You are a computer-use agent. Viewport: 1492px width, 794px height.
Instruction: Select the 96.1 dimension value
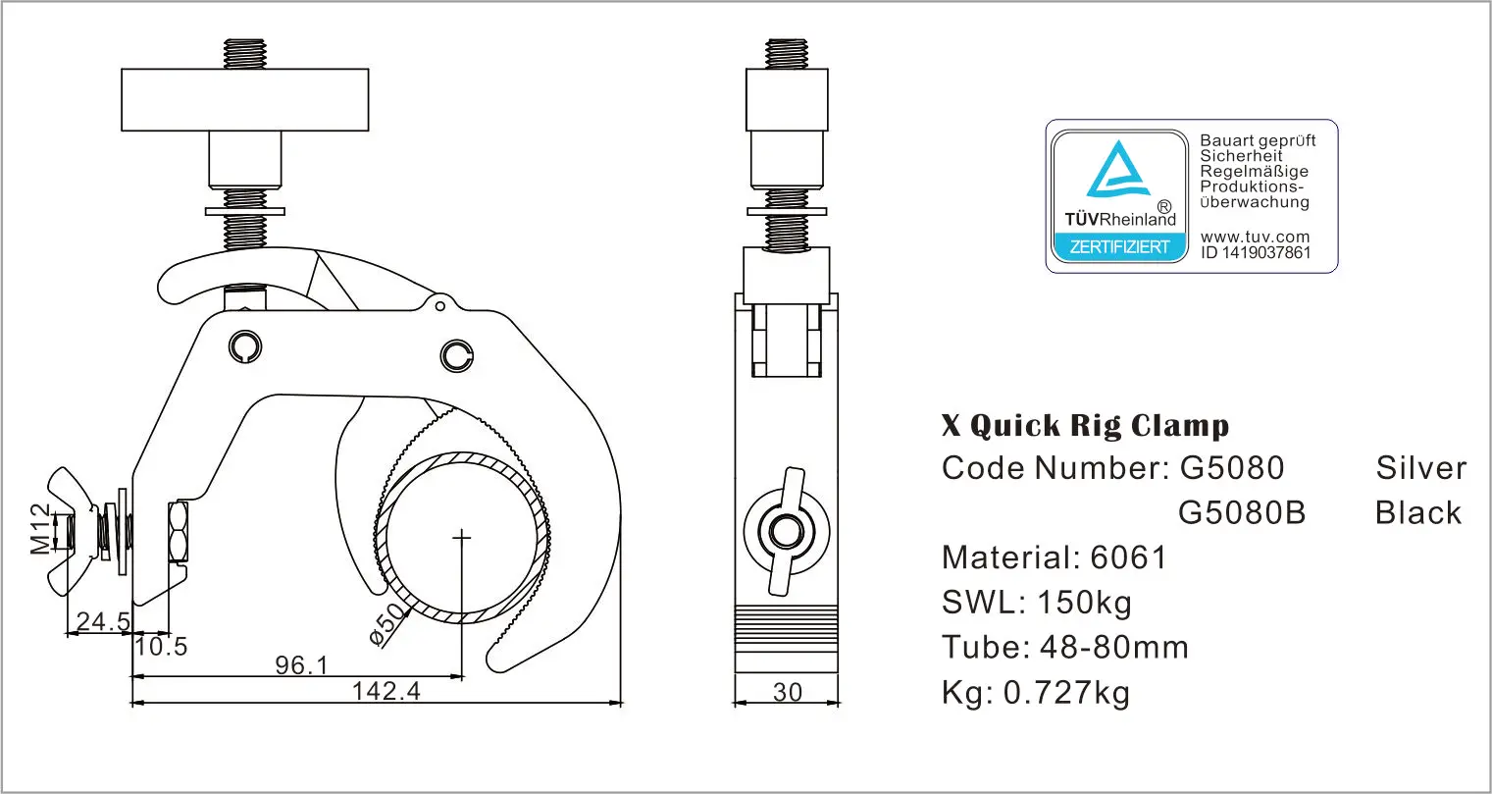[x=301, y=665]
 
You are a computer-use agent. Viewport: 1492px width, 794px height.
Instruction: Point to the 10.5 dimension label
[x=161, y=646]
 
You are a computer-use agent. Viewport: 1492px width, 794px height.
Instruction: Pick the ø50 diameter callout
[x=388, y=622]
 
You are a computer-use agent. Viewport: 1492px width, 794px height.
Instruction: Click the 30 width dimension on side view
[x=787, y=692]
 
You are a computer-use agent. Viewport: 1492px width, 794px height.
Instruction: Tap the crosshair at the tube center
[x=461, y=536]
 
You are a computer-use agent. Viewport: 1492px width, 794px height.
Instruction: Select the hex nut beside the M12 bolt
[x=179, y=533]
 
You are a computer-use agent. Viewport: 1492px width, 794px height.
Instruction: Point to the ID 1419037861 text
[x=1255, y=252]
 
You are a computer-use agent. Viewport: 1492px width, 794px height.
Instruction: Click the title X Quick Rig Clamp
[x=1084, y=426]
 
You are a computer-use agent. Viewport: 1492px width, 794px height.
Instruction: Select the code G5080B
[x=1241, y=512]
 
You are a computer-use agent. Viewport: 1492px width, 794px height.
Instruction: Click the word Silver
[x=1420, y=468]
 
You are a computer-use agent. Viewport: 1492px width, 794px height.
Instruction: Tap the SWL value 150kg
[x=1084, y=601]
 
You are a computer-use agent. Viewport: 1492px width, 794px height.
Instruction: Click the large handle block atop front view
[x=244, y=100]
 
